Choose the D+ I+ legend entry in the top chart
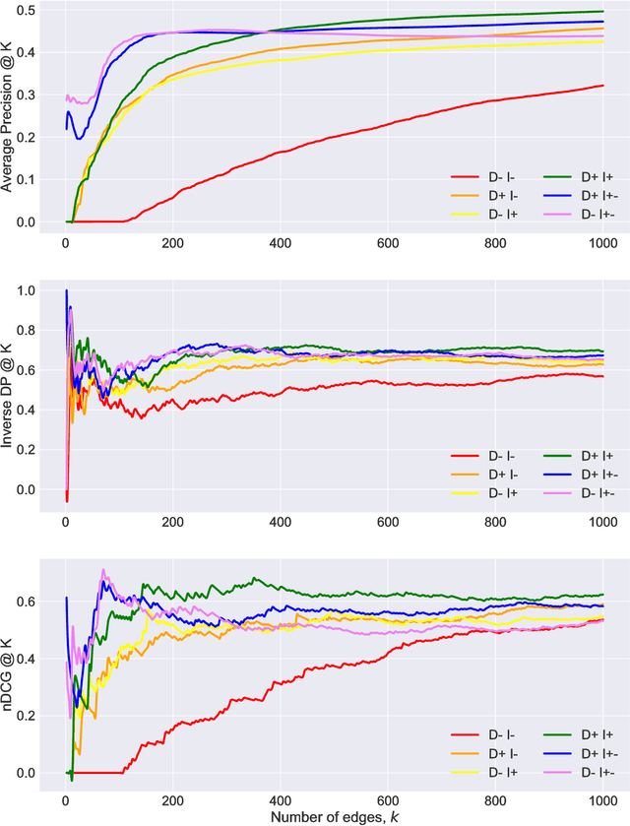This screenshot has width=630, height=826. pos(579,177)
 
